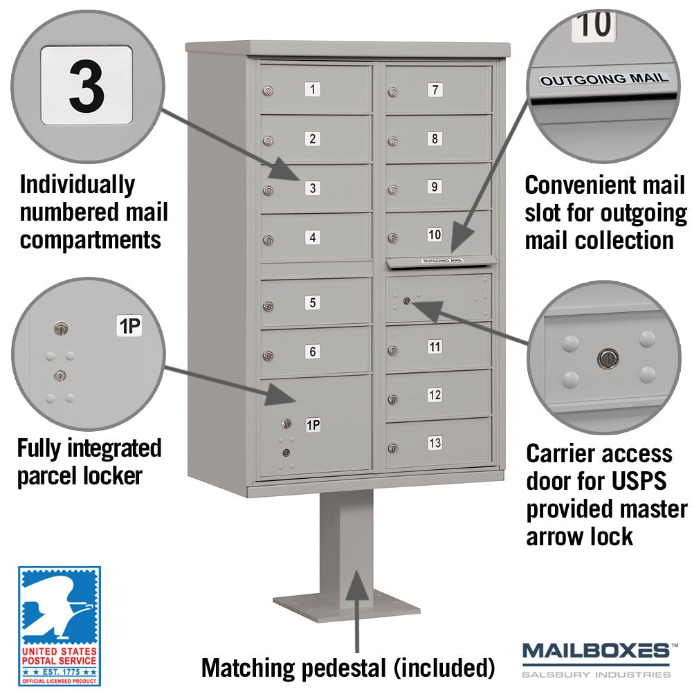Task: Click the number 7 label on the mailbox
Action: point(435,90)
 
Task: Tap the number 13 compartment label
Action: point(435,443)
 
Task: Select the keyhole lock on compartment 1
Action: point(267,91)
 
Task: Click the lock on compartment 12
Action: point(392,399)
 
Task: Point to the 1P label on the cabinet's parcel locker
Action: point(313,425)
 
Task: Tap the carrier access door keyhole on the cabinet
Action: point(406,302)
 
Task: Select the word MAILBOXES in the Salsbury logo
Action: point(596,651)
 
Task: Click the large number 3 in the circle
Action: point(87,86)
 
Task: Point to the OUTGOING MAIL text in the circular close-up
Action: point(603,80)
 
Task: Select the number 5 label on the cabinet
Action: point(313,302)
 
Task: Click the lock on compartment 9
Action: point(392,190)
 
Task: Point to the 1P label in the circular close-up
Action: point(129,326)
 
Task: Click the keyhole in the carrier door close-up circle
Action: point(608,358)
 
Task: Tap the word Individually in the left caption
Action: point(78,185)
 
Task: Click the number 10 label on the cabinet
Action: point(435,235)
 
